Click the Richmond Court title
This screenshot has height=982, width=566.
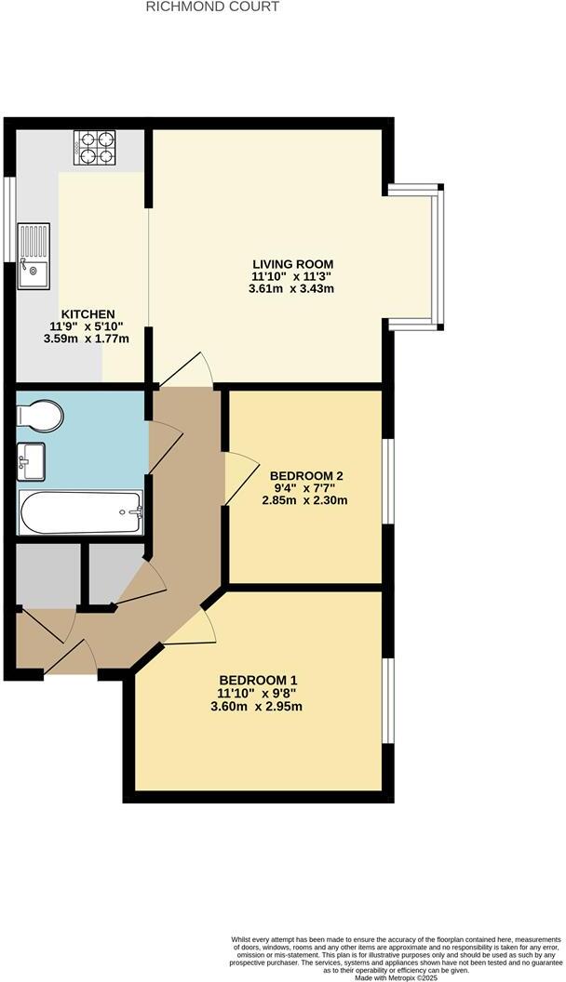(213, 7)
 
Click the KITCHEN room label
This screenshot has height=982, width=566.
(88, 314)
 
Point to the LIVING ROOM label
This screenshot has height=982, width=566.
(292, 263)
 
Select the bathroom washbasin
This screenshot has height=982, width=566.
(33, 460)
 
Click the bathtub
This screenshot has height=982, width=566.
(81, 512)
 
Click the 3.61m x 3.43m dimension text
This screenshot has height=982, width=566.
(292, 289)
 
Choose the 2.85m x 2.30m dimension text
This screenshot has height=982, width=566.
(304, 500)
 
